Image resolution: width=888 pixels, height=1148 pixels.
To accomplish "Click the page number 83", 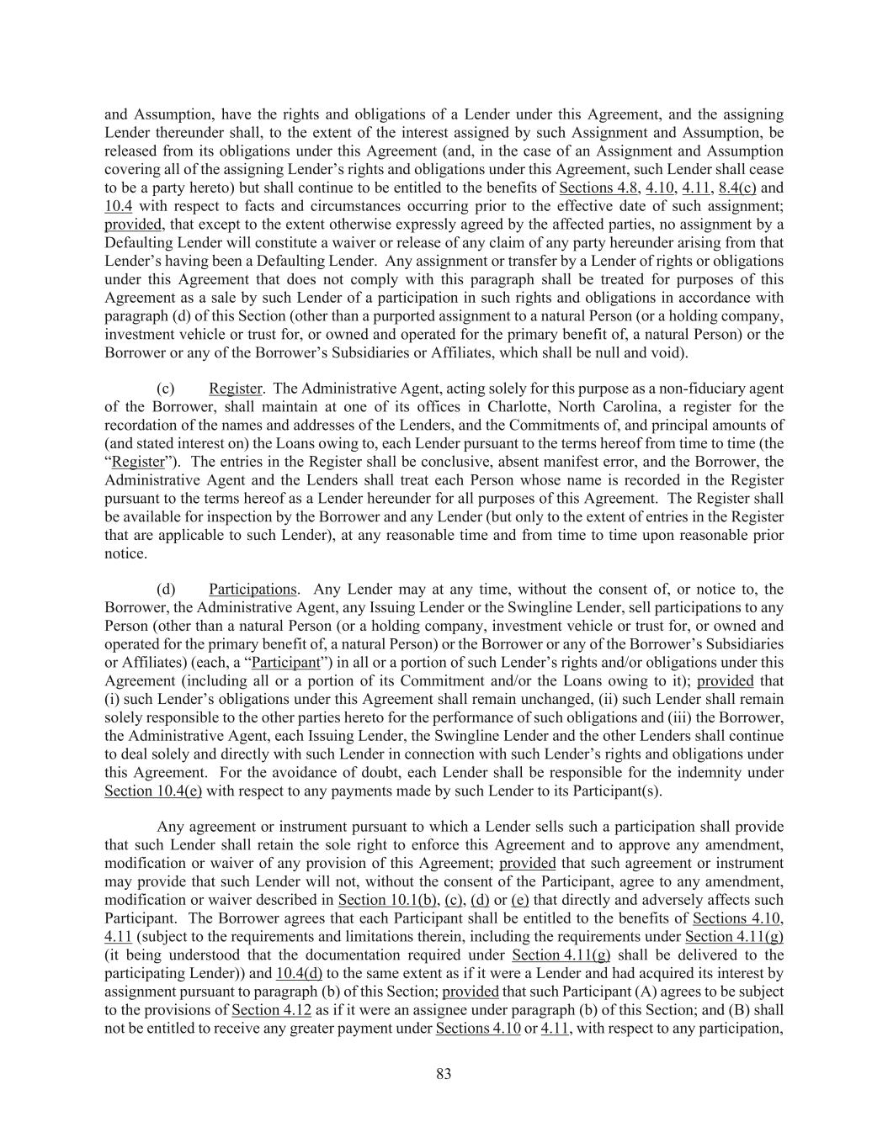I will pos(444,1073).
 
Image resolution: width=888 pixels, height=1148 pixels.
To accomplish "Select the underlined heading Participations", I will pos(253,589).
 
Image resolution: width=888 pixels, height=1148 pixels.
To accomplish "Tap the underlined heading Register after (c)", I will pos(235,388).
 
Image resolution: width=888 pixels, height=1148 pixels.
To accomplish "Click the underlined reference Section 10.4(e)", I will pos(153,791).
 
